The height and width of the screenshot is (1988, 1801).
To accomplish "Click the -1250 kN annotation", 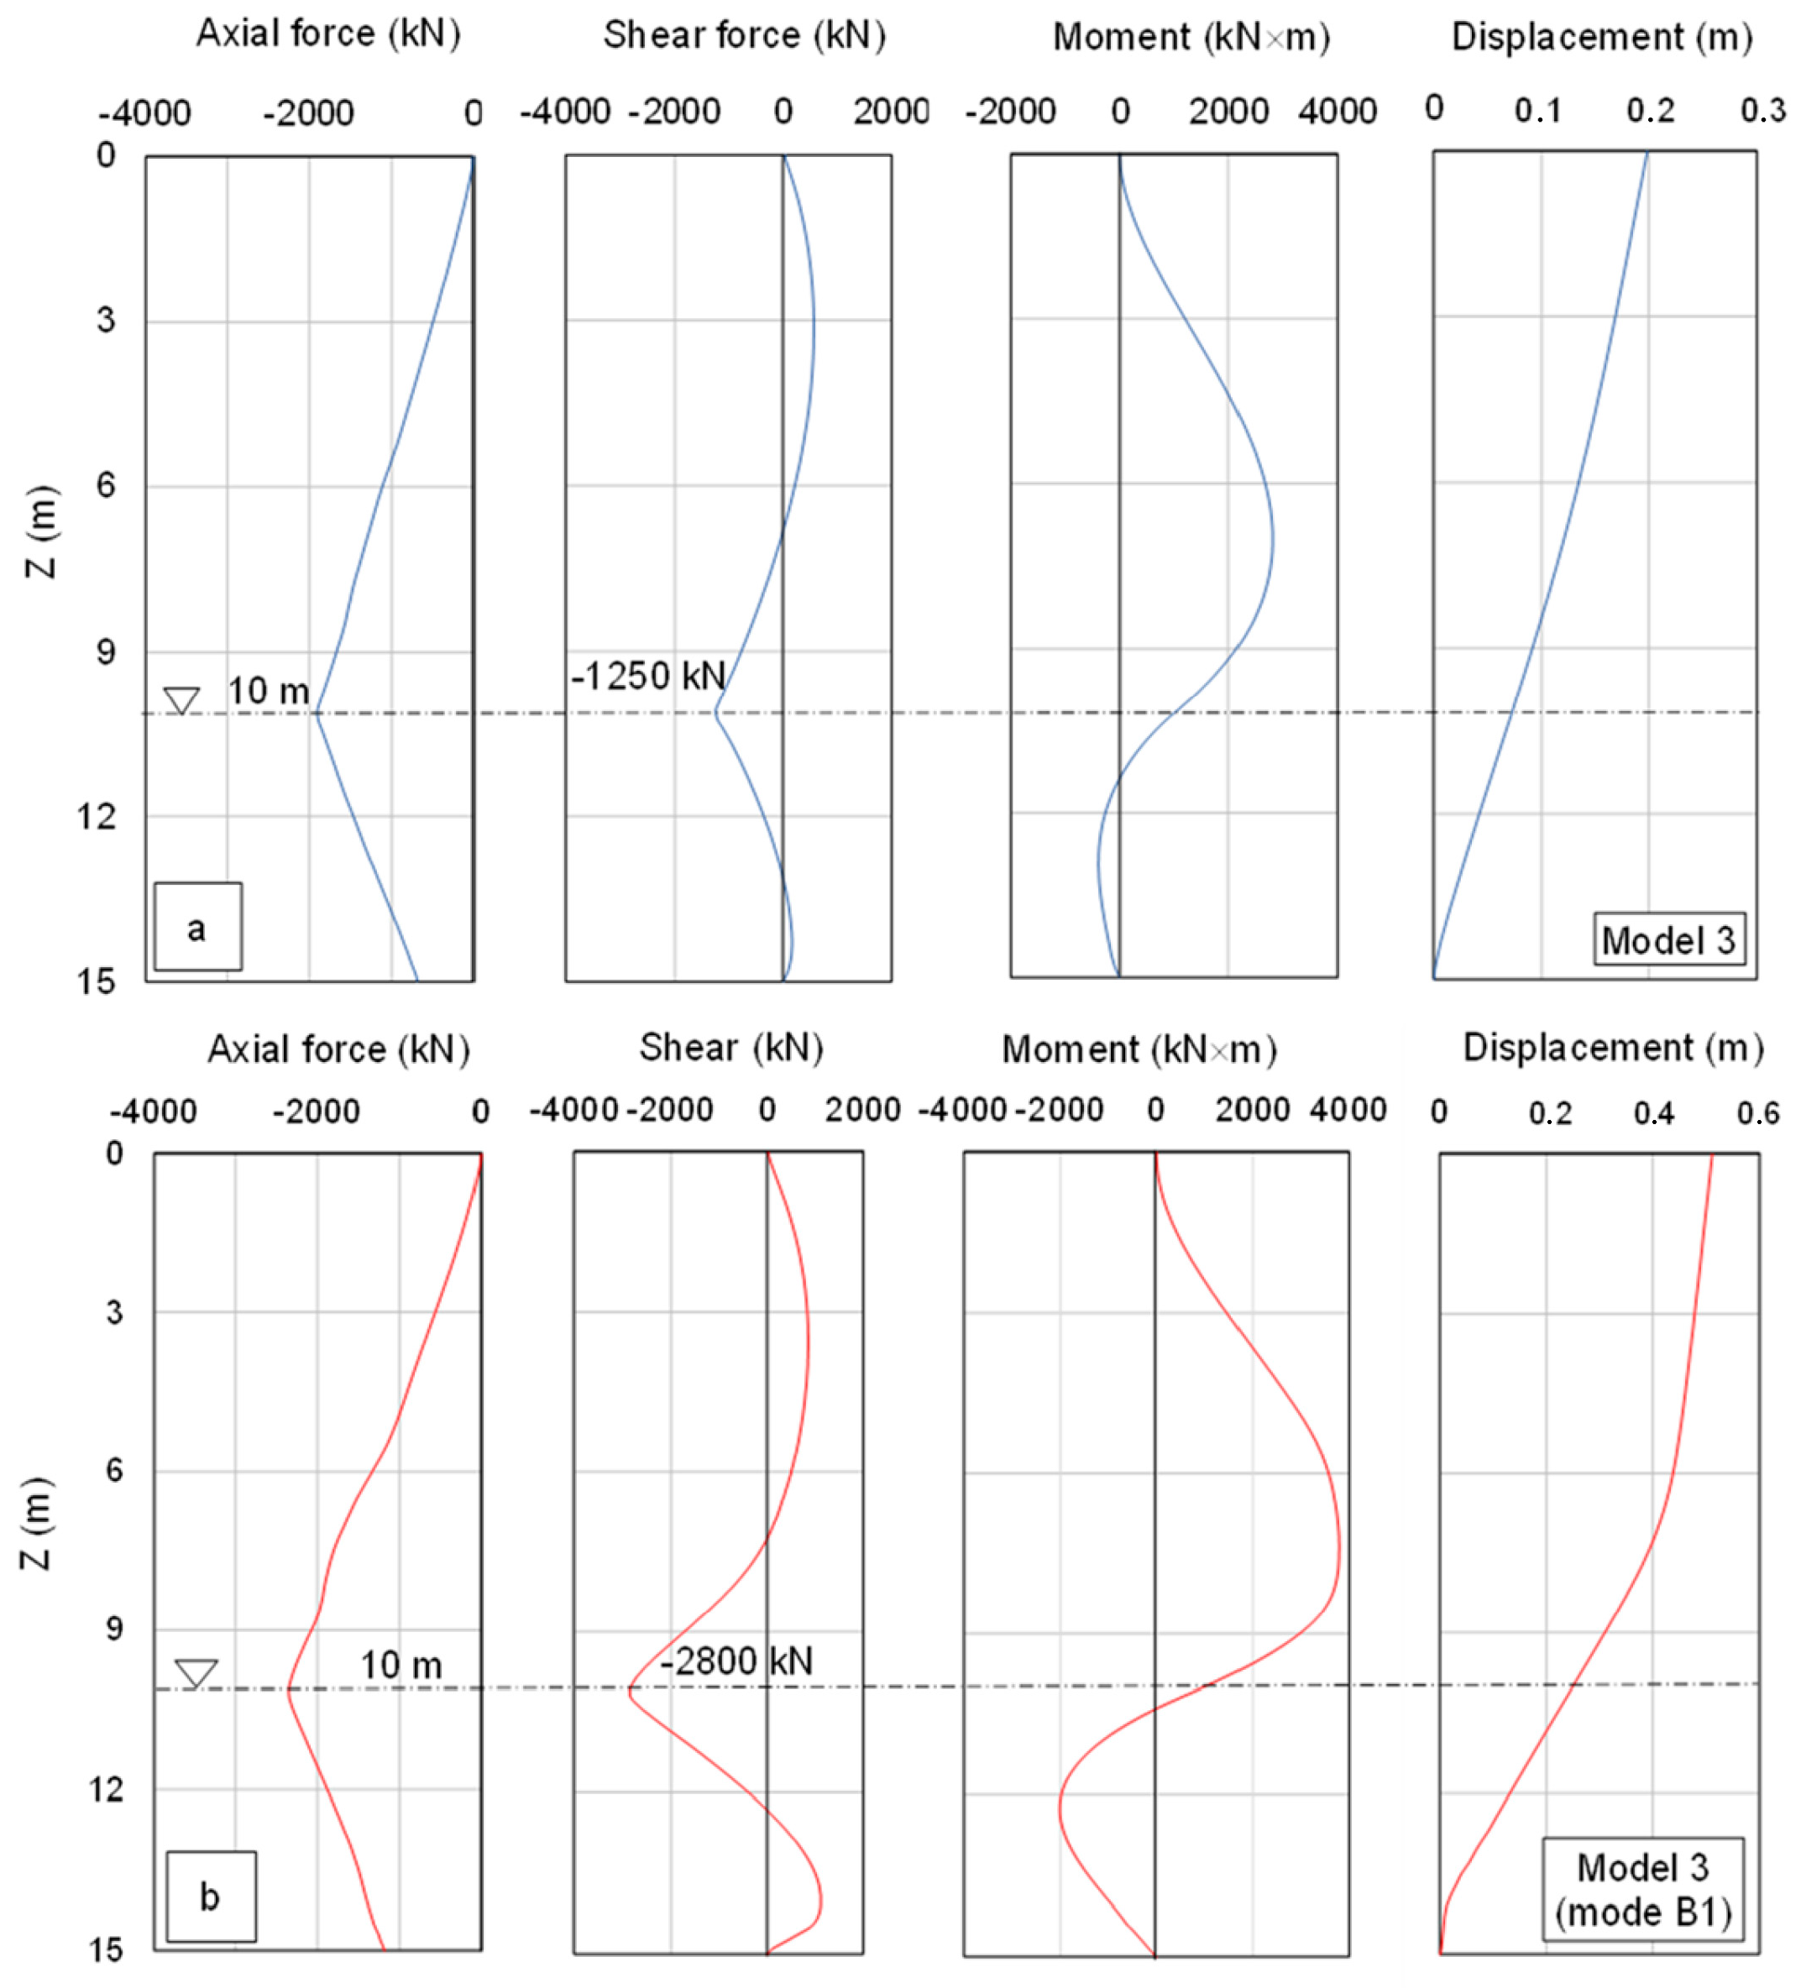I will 648,677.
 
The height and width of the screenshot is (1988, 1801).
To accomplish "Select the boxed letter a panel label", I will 197,927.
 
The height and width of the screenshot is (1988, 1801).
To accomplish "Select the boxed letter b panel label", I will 210,1896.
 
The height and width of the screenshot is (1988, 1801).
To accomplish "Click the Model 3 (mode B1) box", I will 1642,1890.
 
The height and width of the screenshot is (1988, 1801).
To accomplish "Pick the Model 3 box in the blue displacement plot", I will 1667,939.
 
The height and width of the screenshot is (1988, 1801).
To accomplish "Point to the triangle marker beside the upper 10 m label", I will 181,699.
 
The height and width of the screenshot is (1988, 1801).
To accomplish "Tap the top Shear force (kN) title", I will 745,35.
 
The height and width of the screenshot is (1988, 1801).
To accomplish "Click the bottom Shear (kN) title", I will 730,1047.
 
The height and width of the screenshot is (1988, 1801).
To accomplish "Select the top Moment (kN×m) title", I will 1191,38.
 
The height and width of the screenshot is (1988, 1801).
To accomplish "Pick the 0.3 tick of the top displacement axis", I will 1762,111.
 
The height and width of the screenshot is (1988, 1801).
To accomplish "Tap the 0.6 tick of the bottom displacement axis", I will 1756,1113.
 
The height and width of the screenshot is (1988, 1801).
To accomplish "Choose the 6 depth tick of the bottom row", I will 114,1469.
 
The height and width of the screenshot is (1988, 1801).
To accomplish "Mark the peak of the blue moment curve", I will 1271,540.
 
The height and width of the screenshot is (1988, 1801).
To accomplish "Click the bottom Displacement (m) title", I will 1613,1047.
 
